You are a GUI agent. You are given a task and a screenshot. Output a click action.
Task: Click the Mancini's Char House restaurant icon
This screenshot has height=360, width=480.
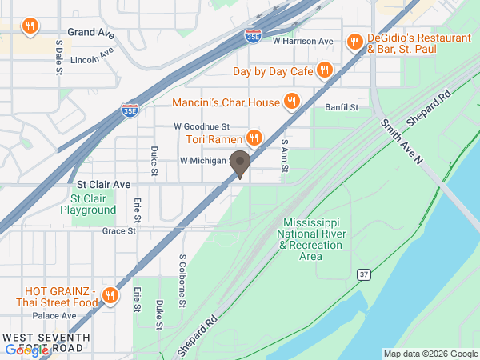(293, 102)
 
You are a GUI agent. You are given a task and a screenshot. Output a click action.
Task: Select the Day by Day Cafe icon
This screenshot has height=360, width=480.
(324, 70)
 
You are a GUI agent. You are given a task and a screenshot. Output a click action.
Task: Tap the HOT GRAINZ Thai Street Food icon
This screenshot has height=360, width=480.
(110, 297)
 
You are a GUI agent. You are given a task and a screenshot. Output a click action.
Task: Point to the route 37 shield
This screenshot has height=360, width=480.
(364, 274)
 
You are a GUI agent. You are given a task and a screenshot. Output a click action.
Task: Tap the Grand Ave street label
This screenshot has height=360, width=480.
(91, 33)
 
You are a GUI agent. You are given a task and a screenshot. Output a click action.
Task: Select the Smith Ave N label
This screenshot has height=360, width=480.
(401, 142)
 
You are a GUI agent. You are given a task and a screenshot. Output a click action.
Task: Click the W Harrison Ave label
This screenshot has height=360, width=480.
(302, 41)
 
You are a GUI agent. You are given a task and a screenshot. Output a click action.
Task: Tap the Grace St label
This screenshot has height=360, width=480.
(116, 230)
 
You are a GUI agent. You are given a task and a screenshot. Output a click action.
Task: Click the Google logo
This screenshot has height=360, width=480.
(26, 350)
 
